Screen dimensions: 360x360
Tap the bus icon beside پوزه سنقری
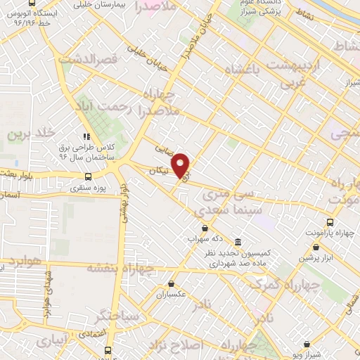[88, 176]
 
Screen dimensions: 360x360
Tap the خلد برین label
[30, 132]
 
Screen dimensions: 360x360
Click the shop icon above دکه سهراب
[205, 228]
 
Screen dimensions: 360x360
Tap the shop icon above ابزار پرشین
[317, 247]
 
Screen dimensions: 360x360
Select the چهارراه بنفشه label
[121, 268]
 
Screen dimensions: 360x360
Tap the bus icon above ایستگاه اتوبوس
[32, 2]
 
